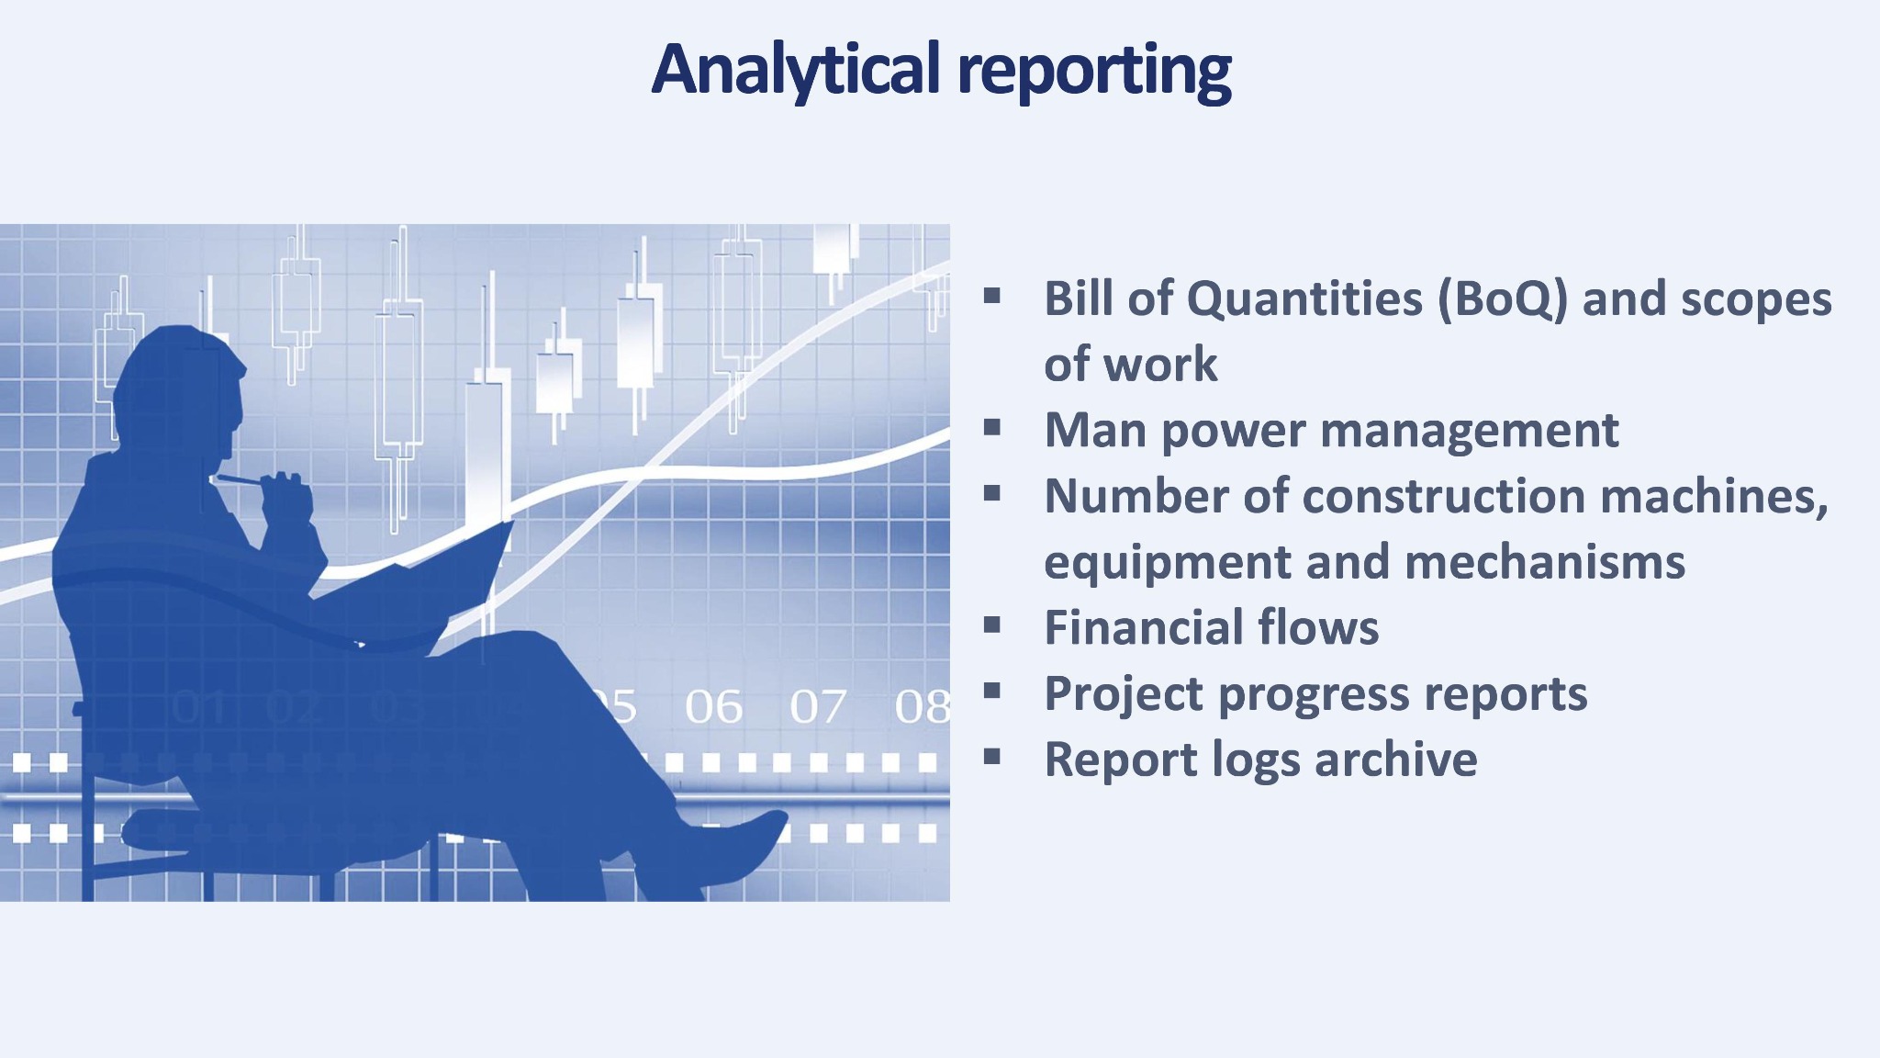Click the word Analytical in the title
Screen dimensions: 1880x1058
click(x=796, y=70)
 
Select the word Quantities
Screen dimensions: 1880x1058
click(x=1304, y=299)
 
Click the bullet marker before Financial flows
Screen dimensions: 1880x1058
click(x=991, y=625)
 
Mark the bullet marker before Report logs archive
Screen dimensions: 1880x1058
click(x=991, y=757)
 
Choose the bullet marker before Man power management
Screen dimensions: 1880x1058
click(x=991, y=428)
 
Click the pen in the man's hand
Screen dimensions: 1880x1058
click(x=241, y=478)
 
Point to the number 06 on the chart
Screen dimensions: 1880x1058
click(x=713, y=707)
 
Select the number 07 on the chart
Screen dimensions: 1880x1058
click(x=818, y=707)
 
